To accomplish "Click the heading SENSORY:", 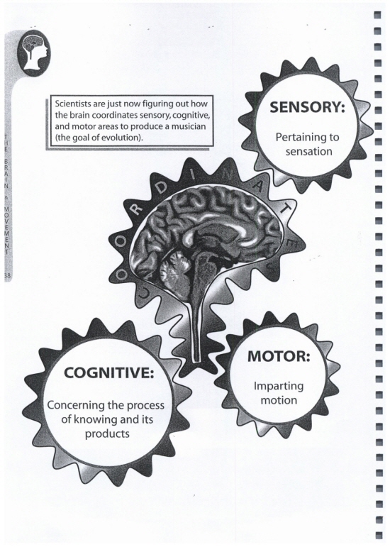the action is coord(307,107).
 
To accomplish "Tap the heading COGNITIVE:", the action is coord(109,373).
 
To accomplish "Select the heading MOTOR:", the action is coord(279,356).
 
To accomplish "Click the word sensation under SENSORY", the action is coord(308,152).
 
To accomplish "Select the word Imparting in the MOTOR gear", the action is coord(279,387).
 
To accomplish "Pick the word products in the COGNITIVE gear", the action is coord(107,434).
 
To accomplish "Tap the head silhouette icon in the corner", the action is coord(34,53).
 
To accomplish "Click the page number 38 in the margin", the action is coord(8,275).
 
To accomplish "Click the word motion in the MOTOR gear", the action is coord(279,400).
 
